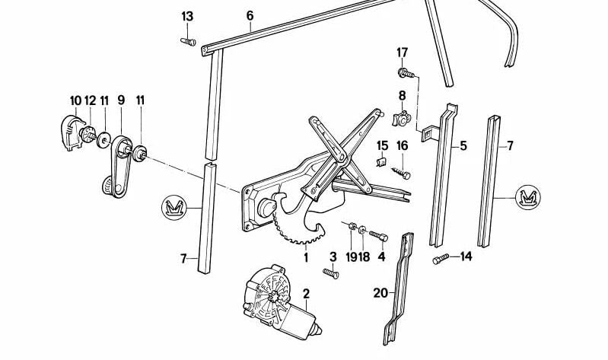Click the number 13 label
(x=187, y=17)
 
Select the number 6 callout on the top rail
(x=250, y=15)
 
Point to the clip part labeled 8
(x=403, y=119)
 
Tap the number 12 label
(x=90, y=100)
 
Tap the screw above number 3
(x=330, y=272)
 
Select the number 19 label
(x=351, y=257)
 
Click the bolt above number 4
(x=378, y=236)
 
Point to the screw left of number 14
(x=438, y=260)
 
